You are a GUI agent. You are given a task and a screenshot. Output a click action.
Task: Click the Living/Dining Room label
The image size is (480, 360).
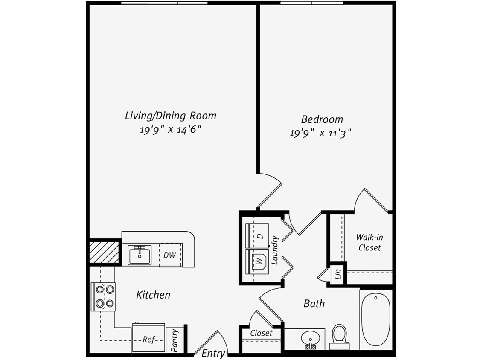[x=170, y=116]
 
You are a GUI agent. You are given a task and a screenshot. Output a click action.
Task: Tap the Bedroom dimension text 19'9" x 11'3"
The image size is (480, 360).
[x=320, y=133]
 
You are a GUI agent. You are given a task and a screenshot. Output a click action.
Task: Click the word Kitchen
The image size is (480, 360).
[x=153, y=295]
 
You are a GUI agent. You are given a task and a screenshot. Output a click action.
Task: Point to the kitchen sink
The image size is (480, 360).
[x=140, y=255]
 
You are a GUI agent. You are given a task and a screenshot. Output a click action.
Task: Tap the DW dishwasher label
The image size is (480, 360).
[x=170, y=255]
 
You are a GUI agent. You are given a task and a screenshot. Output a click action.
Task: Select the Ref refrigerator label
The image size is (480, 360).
[x=148, y=340]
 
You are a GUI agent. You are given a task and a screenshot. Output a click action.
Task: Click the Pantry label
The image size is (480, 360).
[x=174, y=341]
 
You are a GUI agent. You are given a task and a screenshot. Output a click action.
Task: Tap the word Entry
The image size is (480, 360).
[x=213, y=353]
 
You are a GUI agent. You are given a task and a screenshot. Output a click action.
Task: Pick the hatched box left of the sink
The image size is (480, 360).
[x=103, y=253]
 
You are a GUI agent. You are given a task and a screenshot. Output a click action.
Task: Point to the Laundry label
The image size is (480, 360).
[x=275, y=250]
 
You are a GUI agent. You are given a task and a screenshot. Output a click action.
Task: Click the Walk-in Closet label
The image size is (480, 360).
[x=369, y=242]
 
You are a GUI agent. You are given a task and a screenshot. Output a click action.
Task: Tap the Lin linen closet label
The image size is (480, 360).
[x=338, y=273]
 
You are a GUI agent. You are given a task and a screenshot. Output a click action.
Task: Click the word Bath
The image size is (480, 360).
[x=314, y=304]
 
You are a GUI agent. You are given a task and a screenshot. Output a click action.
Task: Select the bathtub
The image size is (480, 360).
[x=375, y=320]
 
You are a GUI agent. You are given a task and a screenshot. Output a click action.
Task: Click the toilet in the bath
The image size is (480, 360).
[x=340, y=336]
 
